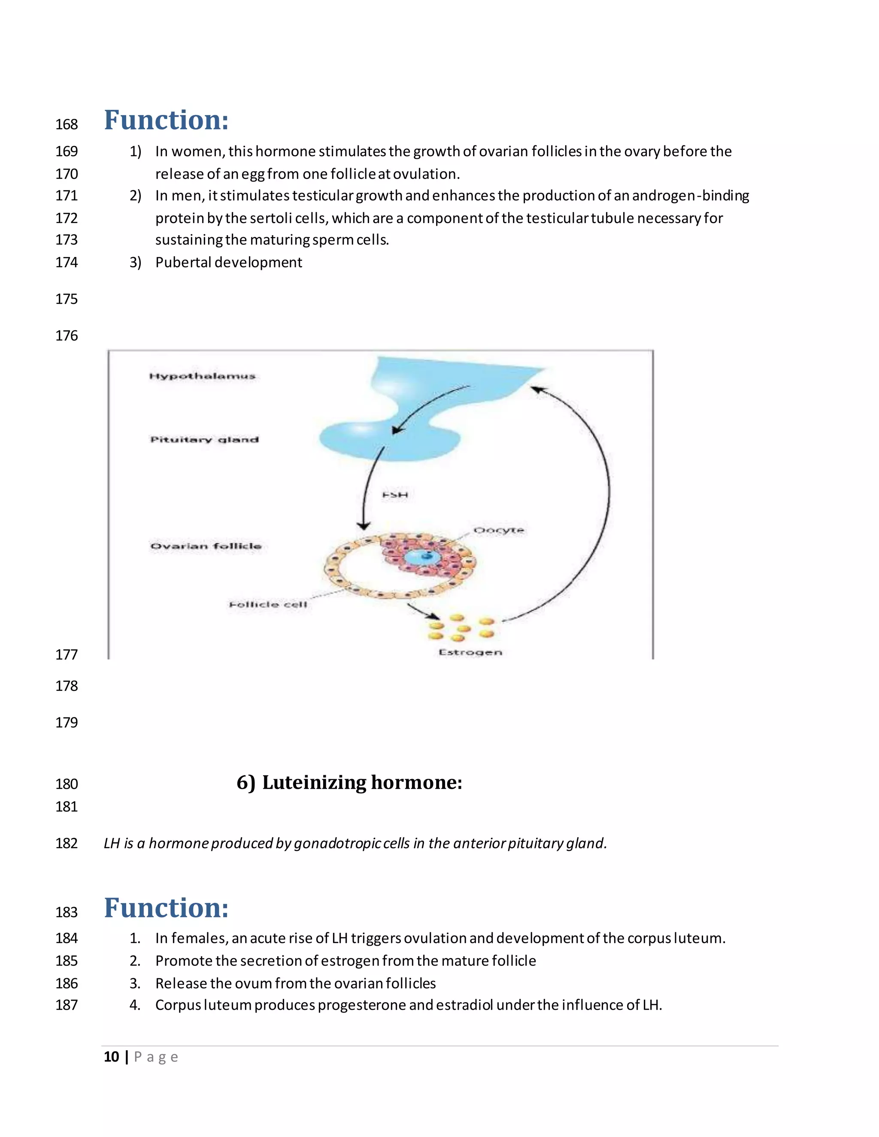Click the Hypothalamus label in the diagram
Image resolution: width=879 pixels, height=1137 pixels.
pyautogui.click(x=202, y=376)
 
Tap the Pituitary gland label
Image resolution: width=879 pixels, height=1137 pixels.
pyautogui.click(x=204, y=439)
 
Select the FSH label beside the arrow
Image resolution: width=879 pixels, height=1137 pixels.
pyautogui.click(x=395, y=495)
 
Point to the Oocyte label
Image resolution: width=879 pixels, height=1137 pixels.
pyautogui.click(x=498, y=530)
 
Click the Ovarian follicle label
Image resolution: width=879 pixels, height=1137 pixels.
pyautogui.click(x=206, y=546)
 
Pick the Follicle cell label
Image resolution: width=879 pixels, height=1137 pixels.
pyautogui.click(x=268, y=605)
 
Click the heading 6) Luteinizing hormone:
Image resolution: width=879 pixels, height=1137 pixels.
pyautogui.click(x=349, y=783)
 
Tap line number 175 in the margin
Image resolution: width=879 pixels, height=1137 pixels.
pyautogui.click(x=67, y=299)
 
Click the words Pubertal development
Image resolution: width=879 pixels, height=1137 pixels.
pyautogui.click(x=229, y=263)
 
